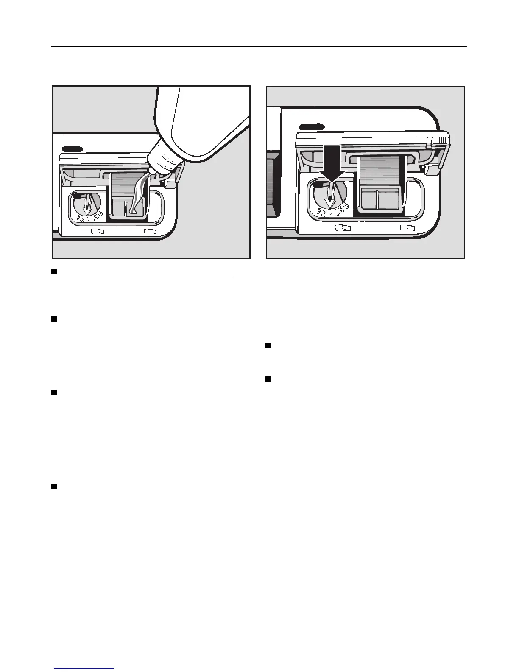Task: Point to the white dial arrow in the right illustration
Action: tap(329, 197)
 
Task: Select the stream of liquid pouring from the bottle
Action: tap(137, 193)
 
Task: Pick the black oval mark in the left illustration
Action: tap(72, 149)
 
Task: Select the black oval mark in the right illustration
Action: tap(312, 127)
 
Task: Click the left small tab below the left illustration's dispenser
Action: tap(98, 232)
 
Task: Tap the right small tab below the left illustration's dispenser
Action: tap(150, 232)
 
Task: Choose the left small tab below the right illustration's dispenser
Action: tap(343, 228)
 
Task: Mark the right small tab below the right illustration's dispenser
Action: tap(407, 228)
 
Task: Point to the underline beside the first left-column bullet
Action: tap(184, 277)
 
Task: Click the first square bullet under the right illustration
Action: tap(268, 346)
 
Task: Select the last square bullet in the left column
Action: tap(54, 487)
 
